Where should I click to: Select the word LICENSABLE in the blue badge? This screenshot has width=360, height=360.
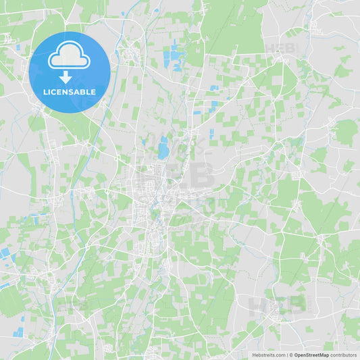click(70, 92)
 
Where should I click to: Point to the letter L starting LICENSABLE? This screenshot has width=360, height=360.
click(45, 92)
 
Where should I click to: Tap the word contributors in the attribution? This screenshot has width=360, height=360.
click(344, 355)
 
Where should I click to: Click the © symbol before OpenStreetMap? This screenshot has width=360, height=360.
click(291, 355)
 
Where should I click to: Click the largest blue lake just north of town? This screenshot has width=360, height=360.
click(163, 147)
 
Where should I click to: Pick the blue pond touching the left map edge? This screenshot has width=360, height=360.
click(5, 253)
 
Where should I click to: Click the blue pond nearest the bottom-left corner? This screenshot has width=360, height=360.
click(18, 332)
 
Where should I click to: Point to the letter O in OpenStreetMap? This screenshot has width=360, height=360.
click(297, 355)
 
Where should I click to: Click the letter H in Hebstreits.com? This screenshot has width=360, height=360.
click(254, 355)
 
